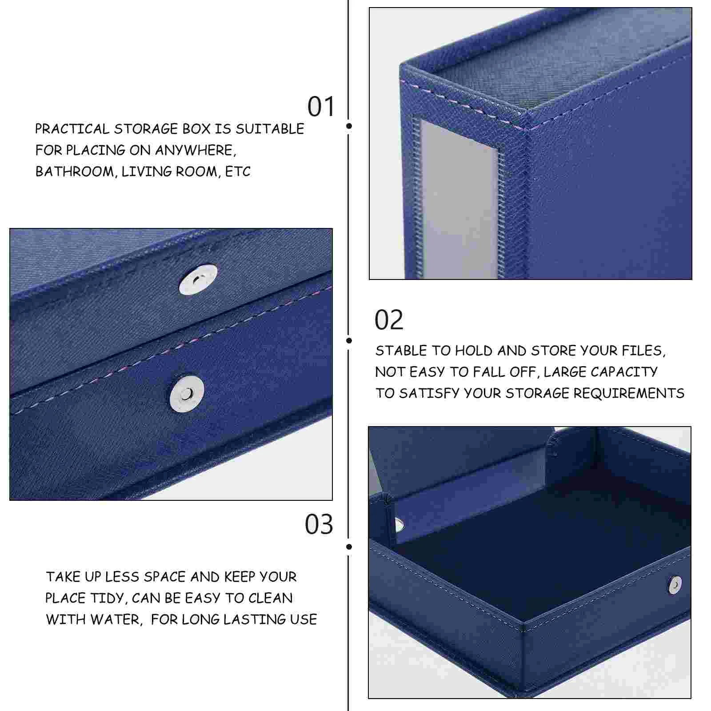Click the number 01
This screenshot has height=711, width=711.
[x=321, y=107]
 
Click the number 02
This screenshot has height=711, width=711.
[x=389, y=320]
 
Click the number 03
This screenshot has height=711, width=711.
[x=319, y=524]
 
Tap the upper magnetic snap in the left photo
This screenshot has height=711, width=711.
[x=198, y=280]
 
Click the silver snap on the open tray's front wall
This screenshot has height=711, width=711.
[x=675, y=585]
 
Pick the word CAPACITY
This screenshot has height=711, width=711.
[x=624, y=372]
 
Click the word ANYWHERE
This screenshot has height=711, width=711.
[x=193, y=150]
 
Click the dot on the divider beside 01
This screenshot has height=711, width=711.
[x=349, y=126]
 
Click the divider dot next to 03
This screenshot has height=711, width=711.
[x=349, y=547]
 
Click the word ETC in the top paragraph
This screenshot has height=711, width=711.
[x=238, y=172]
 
